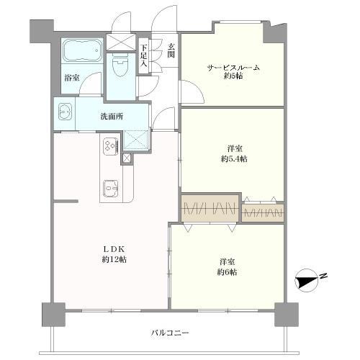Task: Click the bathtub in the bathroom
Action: pyautogui.click(x=78, y=52)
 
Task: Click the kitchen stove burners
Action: pyautogui.click(x=112, y=147)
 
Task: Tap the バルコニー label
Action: pyautogui.click(x=171, y=333)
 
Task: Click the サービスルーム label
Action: pyautogui.click(x=233, y=68)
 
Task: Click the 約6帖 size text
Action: pyautogui.click(x=228, y=271)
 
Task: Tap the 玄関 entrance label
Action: pyautogui.click(x=171, y=53)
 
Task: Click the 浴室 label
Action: pyautogui.click(x=71, y=77)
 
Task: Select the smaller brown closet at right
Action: pyautogui.click(x=264, y=212)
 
